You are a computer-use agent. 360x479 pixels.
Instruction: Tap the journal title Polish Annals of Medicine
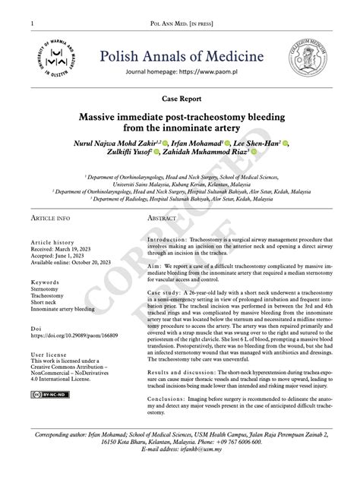179,55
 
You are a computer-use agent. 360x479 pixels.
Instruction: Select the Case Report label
180,99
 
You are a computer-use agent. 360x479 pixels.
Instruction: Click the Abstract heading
160,217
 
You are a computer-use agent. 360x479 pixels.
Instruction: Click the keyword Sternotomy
48,289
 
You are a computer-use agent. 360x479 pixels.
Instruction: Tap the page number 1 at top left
32,25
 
